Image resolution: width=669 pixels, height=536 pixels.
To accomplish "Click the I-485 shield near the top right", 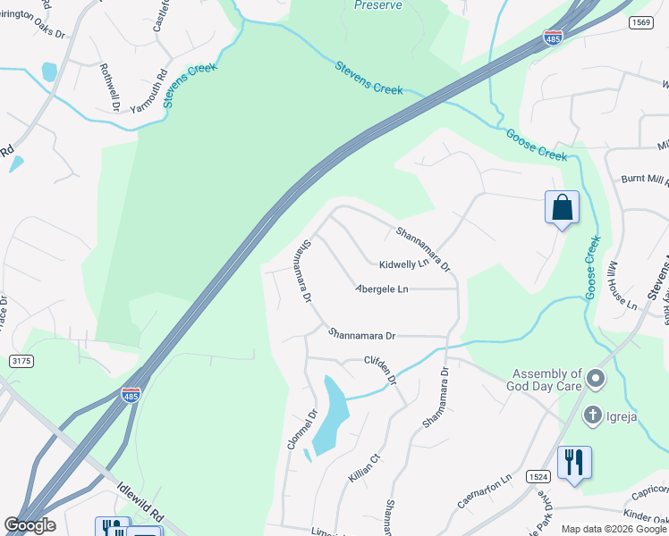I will (554, 38).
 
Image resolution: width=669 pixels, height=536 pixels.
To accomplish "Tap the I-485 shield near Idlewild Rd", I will (131, 394).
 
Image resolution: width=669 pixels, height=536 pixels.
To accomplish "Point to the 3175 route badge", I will (23, 361).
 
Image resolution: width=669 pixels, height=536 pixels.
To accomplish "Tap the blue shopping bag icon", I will (562, 208).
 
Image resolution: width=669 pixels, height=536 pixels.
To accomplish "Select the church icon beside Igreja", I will (592, 415).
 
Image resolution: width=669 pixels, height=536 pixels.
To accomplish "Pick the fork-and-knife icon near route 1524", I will (573, 463).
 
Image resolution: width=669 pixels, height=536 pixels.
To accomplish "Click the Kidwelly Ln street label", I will (403, 265).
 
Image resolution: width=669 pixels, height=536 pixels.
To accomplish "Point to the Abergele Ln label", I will (382, 289).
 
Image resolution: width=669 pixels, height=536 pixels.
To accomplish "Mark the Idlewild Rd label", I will (144, 504).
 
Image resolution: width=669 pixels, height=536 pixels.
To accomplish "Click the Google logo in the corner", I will (30, 525).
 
